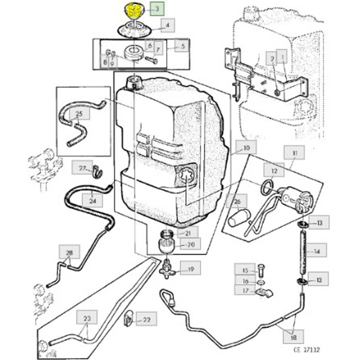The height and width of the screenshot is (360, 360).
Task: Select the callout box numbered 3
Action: coord(157,9)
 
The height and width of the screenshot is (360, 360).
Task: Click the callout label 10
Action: coord(246,148)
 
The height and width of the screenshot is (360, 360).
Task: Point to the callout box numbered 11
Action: coord(295,153)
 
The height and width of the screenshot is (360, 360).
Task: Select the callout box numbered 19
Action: coord(191,269)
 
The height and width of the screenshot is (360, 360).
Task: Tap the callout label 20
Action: coord(191,245)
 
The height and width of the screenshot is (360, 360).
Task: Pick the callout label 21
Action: coord(188,233)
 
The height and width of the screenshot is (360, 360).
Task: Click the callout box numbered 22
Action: coord(147,320)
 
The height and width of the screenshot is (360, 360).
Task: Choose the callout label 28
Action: coord(69,253)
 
